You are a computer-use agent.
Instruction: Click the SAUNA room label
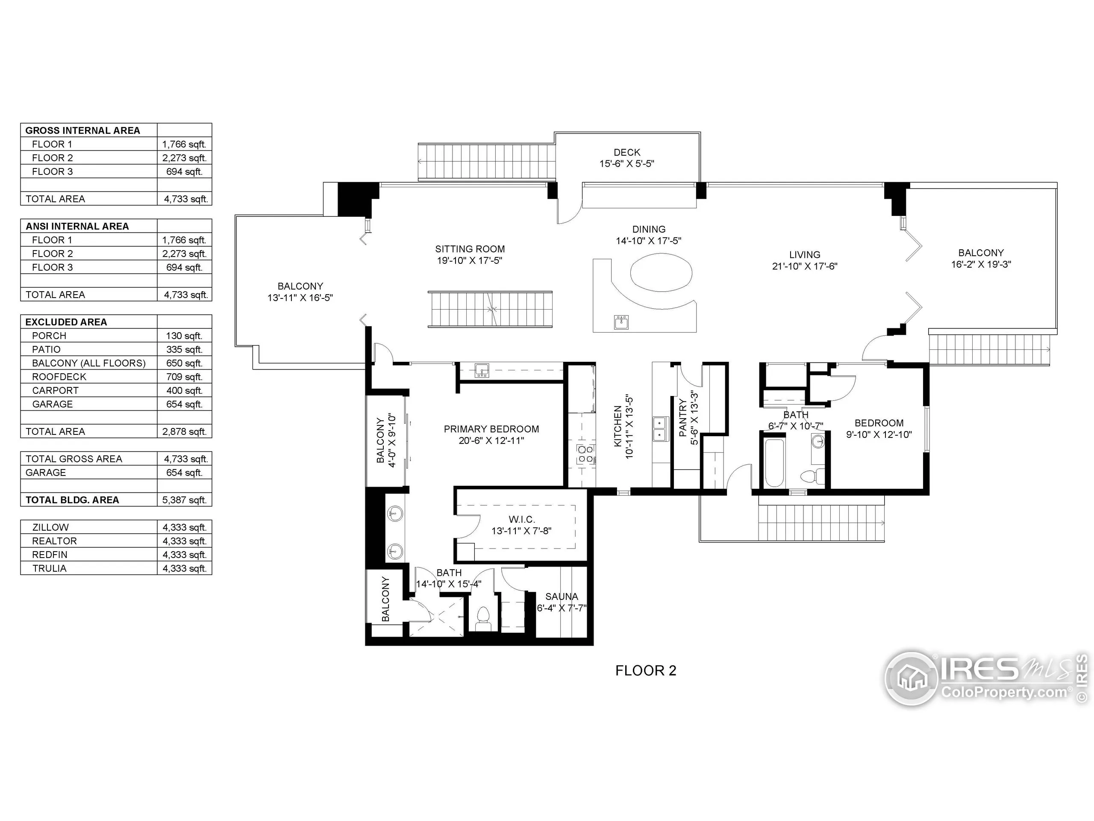click(562, 597)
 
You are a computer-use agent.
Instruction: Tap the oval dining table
click(661, 273)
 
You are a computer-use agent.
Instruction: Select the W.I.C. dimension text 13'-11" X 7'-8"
click(521, 531)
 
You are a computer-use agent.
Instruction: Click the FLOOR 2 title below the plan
click(645, 670)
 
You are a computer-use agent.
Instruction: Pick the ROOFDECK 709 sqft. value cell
click(185, 377)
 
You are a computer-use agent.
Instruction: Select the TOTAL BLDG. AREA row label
click(72, 500)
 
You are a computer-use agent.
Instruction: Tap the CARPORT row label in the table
click(56, 390)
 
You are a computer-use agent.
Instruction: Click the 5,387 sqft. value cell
click(185, 500)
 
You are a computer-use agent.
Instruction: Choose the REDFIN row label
click(50, 555)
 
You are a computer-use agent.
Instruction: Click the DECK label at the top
click(626, 152)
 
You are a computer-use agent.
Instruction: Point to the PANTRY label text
click(683, 418)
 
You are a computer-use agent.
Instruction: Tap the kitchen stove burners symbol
click(585, 454)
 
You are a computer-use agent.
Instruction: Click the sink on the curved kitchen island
click(622, 322)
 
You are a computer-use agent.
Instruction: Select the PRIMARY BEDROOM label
click(491, 429)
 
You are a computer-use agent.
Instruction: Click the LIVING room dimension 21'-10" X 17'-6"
click(805, 266)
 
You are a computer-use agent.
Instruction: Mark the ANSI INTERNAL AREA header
click(77, 226)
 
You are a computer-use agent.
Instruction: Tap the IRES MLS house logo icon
click(911, 679)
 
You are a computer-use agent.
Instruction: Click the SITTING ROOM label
click(470, 249)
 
